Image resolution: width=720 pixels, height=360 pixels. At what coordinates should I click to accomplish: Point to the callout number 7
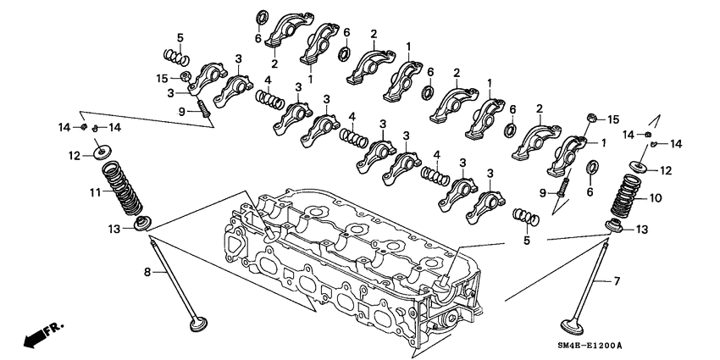click(x=616, y=280)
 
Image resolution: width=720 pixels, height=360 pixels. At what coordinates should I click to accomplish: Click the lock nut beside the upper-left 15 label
click(x=184, y=79)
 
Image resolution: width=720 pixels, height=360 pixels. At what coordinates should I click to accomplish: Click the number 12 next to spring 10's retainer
click(x=667, y=170)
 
